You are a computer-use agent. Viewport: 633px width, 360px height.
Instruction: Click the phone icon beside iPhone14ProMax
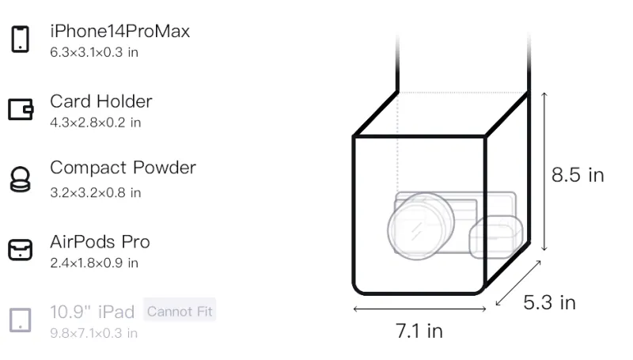pyautogui.click(x=21, y=39)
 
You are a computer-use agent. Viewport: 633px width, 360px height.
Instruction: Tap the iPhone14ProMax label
pyautogui.click(x=120, y=31)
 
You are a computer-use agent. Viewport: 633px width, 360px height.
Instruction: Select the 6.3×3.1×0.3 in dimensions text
pyautogui.click(x=94, y=52)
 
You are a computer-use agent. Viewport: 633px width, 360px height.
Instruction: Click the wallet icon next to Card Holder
pyautogui.click(x=21, y=109)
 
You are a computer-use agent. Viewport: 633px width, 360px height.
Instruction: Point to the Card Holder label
pyautogui.click(x=101, y=101)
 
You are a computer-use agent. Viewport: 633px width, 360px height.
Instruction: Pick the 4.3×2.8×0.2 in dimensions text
pyautogui.click(x=95, y=123)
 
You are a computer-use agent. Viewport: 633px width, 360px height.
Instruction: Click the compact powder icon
pyautogui.click(x=21, y=179)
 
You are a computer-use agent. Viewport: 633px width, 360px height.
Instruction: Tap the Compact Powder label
pyautogui.click(x=123, y=168)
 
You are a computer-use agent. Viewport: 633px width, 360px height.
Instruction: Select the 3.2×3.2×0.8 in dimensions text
pyautogui.click(x=95, y=192)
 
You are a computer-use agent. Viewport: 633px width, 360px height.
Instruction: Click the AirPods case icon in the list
pyautogui.click(x=21, y=249)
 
